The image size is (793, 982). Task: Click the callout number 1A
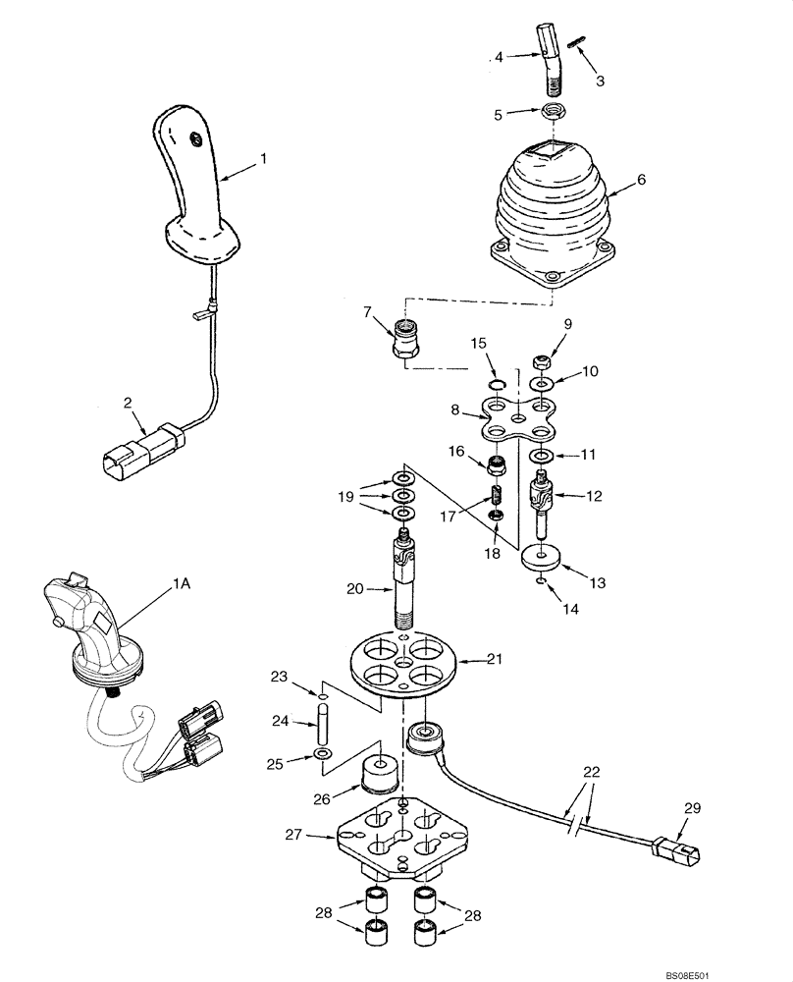click(x=182, y=584)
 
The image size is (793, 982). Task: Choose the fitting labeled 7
click(x=404, y=339)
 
